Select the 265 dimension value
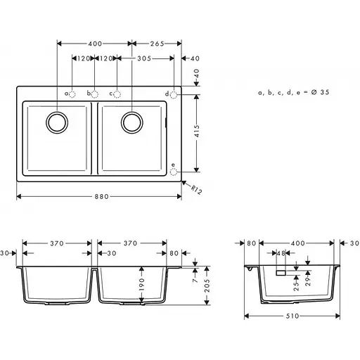point(157,44)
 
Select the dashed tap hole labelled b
point(96,94)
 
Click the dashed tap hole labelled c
point(117,94)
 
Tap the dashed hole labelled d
point(174,94)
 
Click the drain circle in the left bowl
point(56,122)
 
